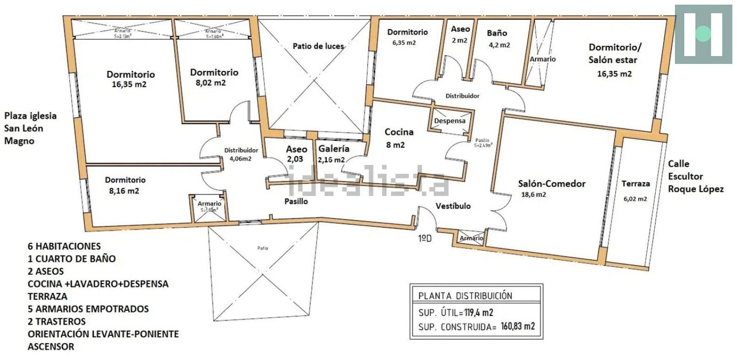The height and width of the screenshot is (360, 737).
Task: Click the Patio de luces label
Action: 318,46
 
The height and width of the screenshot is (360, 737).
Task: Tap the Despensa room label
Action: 449,121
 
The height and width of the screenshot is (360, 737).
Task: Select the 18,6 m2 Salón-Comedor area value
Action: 533,195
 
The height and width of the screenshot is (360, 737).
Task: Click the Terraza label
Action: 635,184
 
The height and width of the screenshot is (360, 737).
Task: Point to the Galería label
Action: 334,149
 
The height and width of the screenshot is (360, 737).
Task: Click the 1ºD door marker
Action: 425,239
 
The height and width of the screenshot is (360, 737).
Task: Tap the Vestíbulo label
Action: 453,206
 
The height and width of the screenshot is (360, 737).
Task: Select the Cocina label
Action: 399,132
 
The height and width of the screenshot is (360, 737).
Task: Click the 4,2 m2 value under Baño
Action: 499,45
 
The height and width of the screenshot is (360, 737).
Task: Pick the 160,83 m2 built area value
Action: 517,326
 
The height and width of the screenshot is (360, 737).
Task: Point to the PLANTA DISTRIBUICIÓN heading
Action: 465,296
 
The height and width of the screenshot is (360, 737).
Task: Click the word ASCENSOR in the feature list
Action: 50,347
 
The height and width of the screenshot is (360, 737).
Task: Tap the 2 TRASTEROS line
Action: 57,321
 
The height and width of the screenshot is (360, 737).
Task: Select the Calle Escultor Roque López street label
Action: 695,177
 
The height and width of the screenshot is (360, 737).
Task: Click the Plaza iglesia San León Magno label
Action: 30,128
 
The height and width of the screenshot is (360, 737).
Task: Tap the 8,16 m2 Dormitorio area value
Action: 124,191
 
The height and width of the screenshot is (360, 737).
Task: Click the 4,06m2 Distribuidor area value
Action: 240,158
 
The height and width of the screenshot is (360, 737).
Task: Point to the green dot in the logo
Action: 703,34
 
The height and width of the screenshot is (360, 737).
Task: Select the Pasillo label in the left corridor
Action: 296,201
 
